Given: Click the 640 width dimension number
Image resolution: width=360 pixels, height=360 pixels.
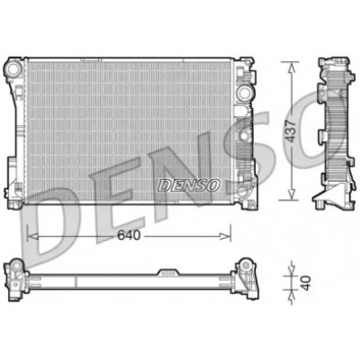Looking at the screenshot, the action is tap(129, 236).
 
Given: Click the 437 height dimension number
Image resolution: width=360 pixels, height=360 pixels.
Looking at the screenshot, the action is tap(291, 130).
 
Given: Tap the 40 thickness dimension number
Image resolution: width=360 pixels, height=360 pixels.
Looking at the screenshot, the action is tap(305, 283).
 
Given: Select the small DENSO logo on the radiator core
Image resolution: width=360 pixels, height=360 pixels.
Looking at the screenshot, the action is tap(188, 185).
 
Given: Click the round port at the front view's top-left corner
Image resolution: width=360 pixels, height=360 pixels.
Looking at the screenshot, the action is tap(13, 68).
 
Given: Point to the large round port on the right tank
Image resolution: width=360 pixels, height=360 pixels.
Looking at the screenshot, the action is tap(244, 93).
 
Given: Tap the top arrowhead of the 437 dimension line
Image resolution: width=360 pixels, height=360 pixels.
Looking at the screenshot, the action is tap(291, 67).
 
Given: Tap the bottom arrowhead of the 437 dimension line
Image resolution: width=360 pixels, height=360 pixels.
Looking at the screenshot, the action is tap(291, 193).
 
